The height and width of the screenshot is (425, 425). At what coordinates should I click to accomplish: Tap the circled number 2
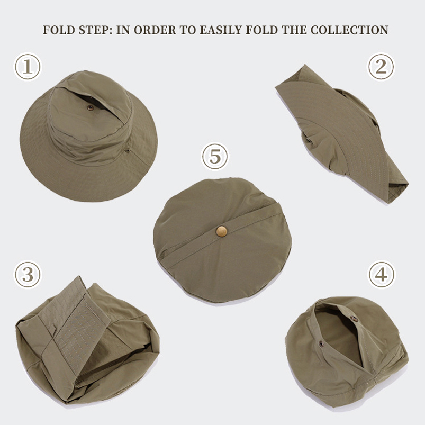coord(381,67)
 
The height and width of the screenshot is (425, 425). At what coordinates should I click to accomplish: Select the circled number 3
coord(28,274)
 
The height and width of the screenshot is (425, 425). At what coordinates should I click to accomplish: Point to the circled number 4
coord(381,275)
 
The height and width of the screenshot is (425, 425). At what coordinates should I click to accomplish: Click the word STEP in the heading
coord(93,30)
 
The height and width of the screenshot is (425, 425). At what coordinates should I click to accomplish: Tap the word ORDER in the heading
coord(156,30)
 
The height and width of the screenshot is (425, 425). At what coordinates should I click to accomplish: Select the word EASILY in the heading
coord(221,30)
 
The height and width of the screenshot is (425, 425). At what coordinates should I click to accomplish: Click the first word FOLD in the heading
coord(58,30)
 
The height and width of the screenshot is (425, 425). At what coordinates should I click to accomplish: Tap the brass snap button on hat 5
coord(221,231)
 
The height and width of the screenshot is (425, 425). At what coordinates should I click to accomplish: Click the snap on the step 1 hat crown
coord(90,107)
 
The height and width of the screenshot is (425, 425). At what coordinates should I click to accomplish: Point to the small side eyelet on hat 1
coord(127,151)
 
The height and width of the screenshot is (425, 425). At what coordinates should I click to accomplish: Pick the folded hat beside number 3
coord(87,339)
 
